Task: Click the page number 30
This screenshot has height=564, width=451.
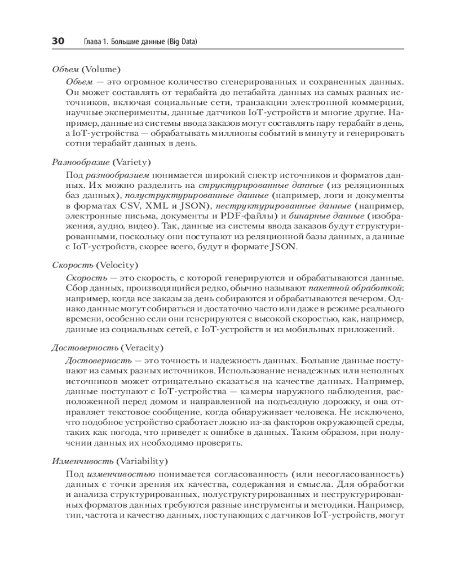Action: (x=58, y=41)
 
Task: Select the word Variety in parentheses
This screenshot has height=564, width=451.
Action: (x=132, y=161)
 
